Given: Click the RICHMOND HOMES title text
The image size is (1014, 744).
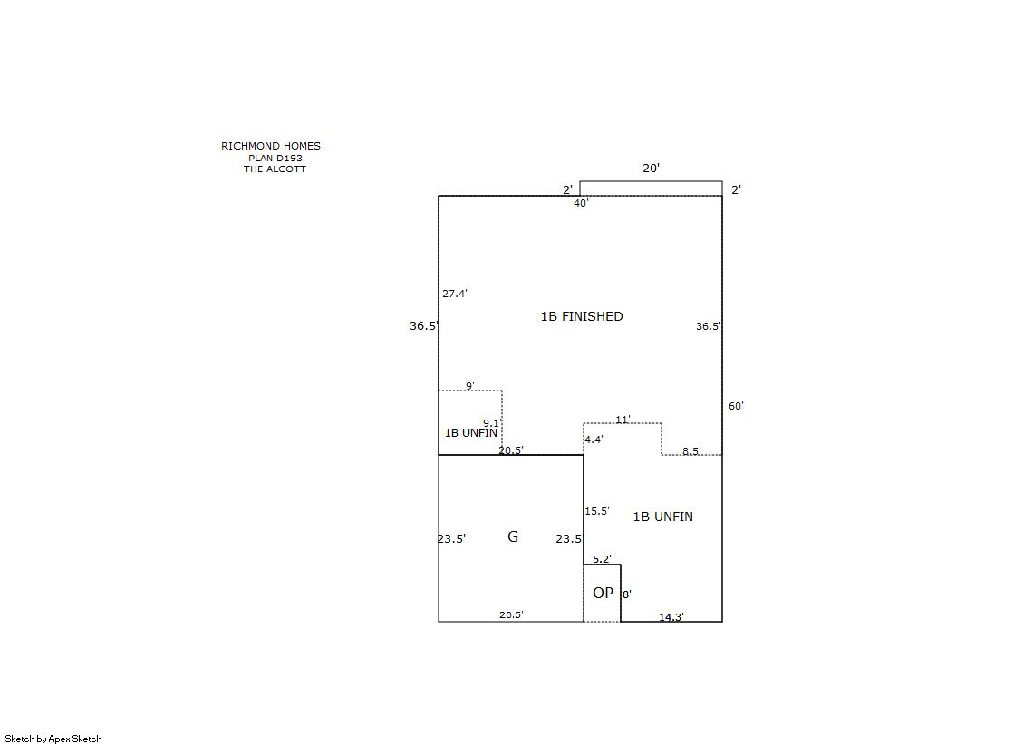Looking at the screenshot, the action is [x=270, y=146].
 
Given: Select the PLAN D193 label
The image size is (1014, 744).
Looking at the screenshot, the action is [x=275, y=158].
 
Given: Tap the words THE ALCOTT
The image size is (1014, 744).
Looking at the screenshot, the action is [x=275, y=169].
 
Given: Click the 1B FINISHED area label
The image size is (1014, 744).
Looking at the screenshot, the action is [x=582, y=316].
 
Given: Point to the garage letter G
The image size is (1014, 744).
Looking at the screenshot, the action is [x=513, y=536].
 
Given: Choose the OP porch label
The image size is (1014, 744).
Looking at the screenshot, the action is [x=603, y=593].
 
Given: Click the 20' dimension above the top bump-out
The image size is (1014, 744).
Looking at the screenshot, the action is [x=651, y=169].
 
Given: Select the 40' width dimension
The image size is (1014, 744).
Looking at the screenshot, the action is [x=581, y=203].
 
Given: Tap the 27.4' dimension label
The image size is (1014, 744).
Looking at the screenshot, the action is [x=455, y=294].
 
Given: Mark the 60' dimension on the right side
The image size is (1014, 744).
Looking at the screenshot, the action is [x=736, y=406].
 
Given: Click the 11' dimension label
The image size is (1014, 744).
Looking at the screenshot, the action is [x=623, y=420].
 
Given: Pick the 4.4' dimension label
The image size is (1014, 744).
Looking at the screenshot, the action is [x=594, y=440].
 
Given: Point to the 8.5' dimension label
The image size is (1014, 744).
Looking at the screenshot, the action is [x=691, y=451].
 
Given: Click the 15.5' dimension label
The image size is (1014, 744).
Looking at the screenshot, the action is [x=597, y=511].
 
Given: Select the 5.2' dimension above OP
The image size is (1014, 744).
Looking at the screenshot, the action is [x=602, y=559].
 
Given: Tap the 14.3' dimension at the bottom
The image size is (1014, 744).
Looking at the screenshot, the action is [x=671, y=616].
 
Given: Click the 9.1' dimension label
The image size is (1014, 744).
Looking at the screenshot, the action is [x=493, y=423].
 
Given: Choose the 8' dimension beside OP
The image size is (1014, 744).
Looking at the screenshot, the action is [x=627, y=594].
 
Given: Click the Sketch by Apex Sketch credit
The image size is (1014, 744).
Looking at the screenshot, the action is [x=53, y=739].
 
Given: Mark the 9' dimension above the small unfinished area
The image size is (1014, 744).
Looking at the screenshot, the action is [x=470, y=386].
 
